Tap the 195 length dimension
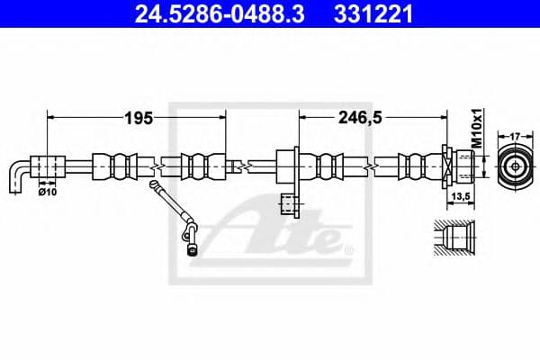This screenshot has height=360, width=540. tap(138, 117)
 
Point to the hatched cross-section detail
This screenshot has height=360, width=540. tap(454, 239)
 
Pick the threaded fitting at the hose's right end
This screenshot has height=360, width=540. tap(459, 166)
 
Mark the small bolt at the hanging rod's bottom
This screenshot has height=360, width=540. tap(192, 250)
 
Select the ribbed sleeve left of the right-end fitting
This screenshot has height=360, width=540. tap(416, 166)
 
